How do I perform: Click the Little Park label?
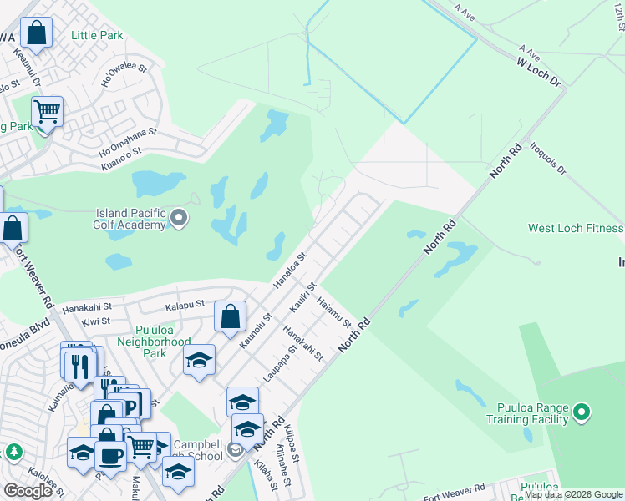click(x=97, y=35)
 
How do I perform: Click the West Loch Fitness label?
click(x=576, y=228)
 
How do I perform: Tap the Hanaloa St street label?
click(x=291, y=268)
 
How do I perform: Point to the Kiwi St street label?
click(x=97, y=321)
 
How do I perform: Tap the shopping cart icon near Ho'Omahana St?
click(x=47, y=110)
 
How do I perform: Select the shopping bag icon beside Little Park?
click(x=37, y=33)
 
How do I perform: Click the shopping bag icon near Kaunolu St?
click(x=231, y=316)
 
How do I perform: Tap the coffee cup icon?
click(x=109, y=455)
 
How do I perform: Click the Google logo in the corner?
click(x=28, y=491)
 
